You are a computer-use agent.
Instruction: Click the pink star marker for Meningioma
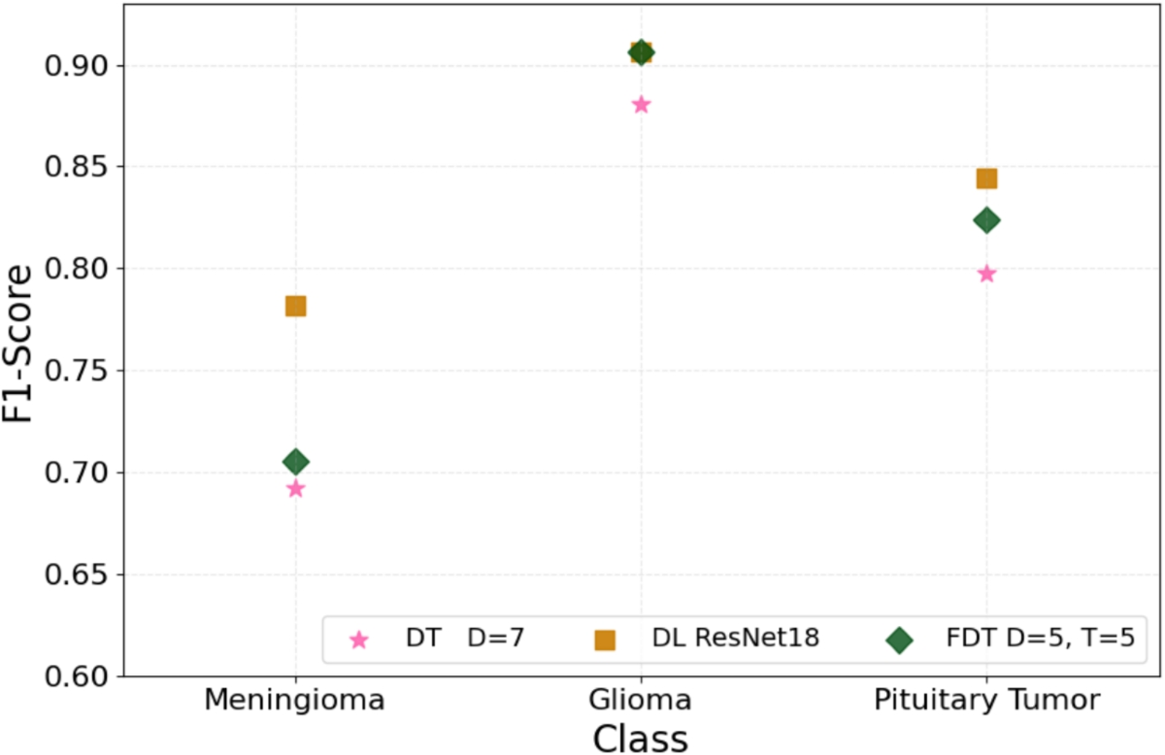click(x=295, y=488)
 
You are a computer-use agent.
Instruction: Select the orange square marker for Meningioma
click(x=295, y=306)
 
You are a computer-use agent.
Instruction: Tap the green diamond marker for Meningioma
click(x=295, y=461)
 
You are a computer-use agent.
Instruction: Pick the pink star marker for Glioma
click(x=641, y=104)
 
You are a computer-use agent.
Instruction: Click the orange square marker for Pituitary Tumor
click(x=986, y=179)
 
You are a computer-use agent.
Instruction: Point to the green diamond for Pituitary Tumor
click(x=986, y=220)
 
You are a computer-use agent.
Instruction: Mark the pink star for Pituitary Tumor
click(x=986, y=273)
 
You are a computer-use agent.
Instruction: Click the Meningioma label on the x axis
click(x=295, y=700)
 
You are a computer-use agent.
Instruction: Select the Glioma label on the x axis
click(x=641, y=700)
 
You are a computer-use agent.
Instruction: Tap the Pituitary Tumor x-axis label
click(x=986, y=700)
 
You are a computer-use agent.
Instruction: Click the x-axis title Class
click(x=641, y=738)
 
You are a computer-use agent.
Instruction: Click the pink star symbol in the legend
click(x=359, y=640)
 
